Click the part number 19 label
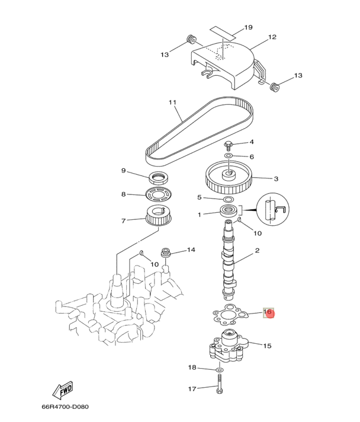[248, 27]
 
